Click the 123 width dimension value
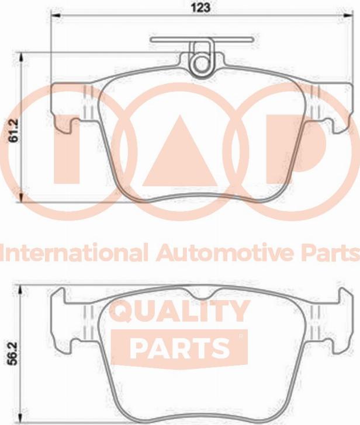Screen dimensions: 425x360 pyautogui.click(x=200, y=8)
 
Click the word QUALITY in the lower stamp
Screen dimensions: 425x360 pyautogui.click(x=180, y=312)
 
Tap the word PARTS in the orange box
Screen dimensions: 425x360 pyautogui.click(x=179, y=348)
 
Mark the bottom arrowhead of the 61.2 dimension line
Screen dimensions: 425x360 pyautogui.click(x=22, y=200)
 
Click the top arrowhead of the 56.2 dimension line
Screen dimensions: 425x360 pyautogui.click(x=22, y=287)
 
